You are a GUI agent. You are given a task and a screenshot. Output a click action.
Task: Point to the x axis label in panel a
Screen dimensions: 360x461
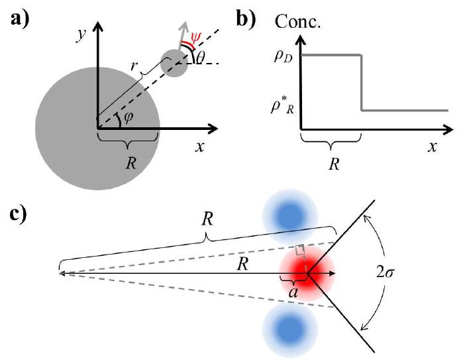coord(199,147)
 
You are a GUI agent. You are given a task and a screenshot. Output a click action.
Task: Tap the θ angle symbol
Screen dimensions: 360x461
coord(201,58)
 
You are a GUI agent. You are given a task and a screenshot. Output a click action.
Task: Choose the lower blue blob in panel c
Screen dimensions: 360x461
coord(288,330)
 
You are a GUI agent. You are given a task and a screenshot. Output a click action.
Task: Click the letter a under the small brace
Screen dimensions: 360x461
coord(291,288)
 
